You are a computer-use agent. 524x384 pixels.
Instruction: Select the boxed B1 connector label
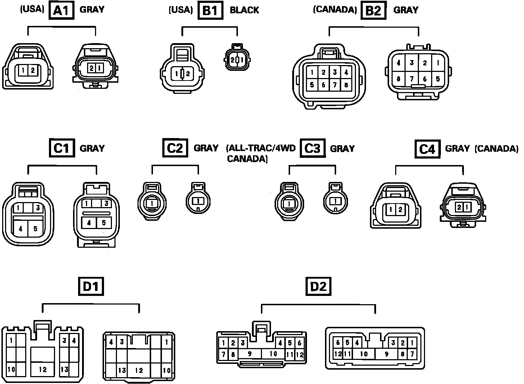[x=210, y=10]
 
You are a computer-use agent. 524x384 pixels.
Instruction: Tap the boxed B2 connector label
[x=373, y=10]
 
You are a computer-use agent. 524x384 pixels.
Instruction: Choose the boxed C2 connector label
[x=175, y=148]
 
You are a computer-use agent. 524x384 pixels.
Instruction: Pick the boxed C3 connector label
[x=312, y=148]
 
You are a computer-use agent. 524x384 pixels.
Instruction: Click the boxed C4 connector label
[x=427, y=148]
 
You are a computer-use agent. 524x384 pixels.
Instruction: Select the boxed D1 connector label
[x=91, y=287]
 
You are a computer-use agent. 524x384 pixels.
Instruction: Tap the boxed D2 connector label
[x=319, y=287]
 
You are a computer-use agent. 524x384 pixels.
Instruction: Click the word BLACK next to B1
[x=244, y=10]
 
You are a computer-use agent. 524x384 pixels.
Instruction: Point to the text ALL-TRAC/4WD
[x=261, y=148]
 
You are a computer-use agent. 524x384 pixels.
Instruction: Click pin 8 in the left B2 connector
[x=346, y=85]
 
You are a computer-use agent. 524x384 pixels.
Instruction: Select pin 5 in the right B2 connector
[x=438, y=79]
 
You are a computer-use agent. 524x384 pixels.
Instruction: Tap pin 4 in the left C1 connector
[x=21, y=229]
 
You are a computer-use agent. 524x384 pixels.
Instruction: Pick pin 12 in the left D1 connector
[x=43, y=369]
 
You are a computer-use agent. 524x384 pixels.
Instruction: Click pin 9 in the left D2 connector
[x=250, y=354]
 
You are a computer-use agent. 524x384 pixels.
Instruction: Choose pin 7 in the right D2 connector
[x=412, y=354]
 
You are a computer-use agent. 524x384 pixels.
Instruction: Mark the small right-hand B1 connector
[x=236, y=59]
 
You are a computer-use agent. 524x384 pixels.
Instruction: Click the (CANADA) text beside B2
[x=335, y=10]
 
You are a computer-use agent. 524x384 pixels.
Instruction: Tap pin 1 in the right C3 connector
[x=335, y=201]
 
